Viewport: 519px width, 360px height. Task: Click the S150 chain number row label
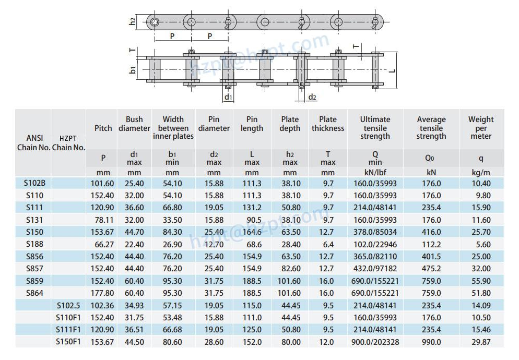pyautogui.click(x=33, y=232)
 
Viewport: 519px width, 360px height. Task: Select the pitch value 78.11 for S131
pyautogui.click(x=103, y=220)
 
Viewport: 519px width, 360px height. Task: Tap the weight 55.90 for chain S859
pyautogui.click(x=480, y=281)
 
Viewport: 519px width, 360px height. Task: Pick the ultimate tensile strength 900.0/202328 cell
pyautogui.click(x=375, y=342)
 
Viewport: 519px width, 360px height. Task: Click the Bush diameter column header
pyautogui.click(x=134, y=124)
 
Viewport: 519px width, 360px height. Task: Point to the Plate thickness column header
pyautogui.click(x=328, y=124)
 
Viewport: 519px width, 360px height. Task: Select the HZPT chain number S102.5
pyautogui.click(x=68, y=305)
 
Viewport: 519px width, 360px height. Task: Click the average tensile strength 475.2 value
pyautogui.click(x=431, y=269)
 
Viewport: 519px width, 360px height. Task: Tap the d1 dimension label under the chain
pyautogui.click(x=228, y=97)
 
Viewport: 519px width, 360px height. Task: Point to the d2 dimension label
pyautogui.click(x=312, y=97)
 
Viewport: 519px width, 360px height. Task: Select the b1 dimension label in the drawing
pyautogui.click(x=133, y=70)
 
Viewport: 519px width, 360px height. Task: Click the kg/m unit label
pyautogui.click(x=480, y=172)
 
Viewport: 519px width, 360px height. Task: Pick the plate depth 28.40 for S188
pyautogui.click(x=290, y=244)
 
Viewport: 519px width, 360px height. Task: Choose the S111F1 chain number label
pyautogui.click(x=68, y=329)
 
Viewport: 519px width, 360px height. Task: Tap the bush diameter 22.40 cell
pyautogui.click(x=134, y=244)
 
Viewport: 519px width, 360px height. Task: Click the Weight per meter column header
pyautogui.click(x=480, y=128)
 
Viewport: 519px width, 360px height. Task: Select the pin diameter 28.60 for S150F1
pyautogui.click(x=214, y=342)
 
